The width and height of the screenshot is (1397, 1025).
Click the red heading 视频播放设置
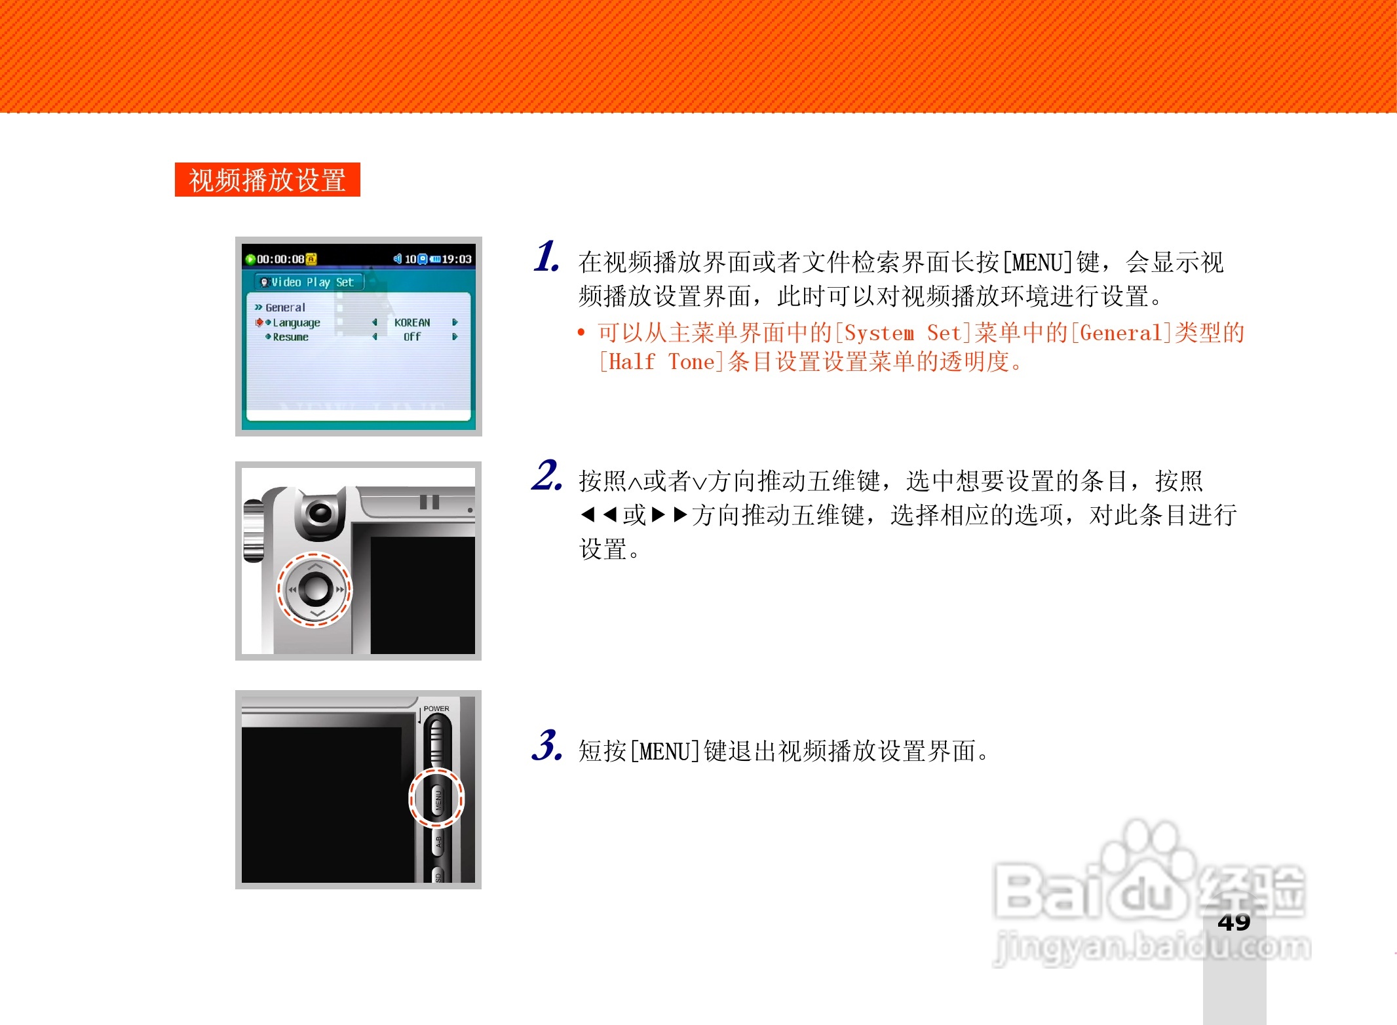click(x=267, y=180)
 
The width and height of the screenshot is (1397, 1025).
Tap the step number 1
click(x=546, y=256)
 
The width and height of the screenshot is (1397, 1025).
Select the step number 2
click(x=546, y=476)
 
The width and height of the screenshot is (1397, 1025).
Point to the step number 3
click(x=546, y=746)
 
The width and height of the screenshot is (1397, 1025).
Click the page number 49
click(x=1234, y=922)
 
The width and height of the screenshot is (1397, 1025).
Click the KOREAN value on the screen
click(x=412, y=322)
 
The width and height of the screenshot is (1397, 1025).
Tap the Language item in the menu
click(x=296, y=322)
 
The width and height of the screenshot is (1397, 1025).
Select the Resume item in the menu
click(x=290, y=337)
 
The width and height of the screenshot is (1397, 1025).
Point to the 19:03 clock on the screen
click(x=457, y=259)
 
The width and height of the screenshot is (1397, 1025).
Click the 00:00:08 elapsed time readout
click(x=280, y=259)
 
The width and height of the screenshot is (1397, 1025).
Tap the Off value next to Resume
click(x=412, y=337)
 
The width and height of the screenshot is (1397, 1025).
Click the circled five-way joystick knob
click(x=315, y=589)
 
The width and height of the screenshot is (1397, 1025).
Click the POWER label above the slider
click(x=436, y=708)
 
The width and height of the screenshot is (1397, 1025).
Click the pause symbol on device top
click(x=429, y=502)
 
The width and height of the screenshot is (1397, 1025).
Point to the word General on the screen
click(x=285, y=307)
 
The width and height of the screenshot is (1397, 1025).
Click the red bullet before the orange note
click(x=581, y=333)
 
